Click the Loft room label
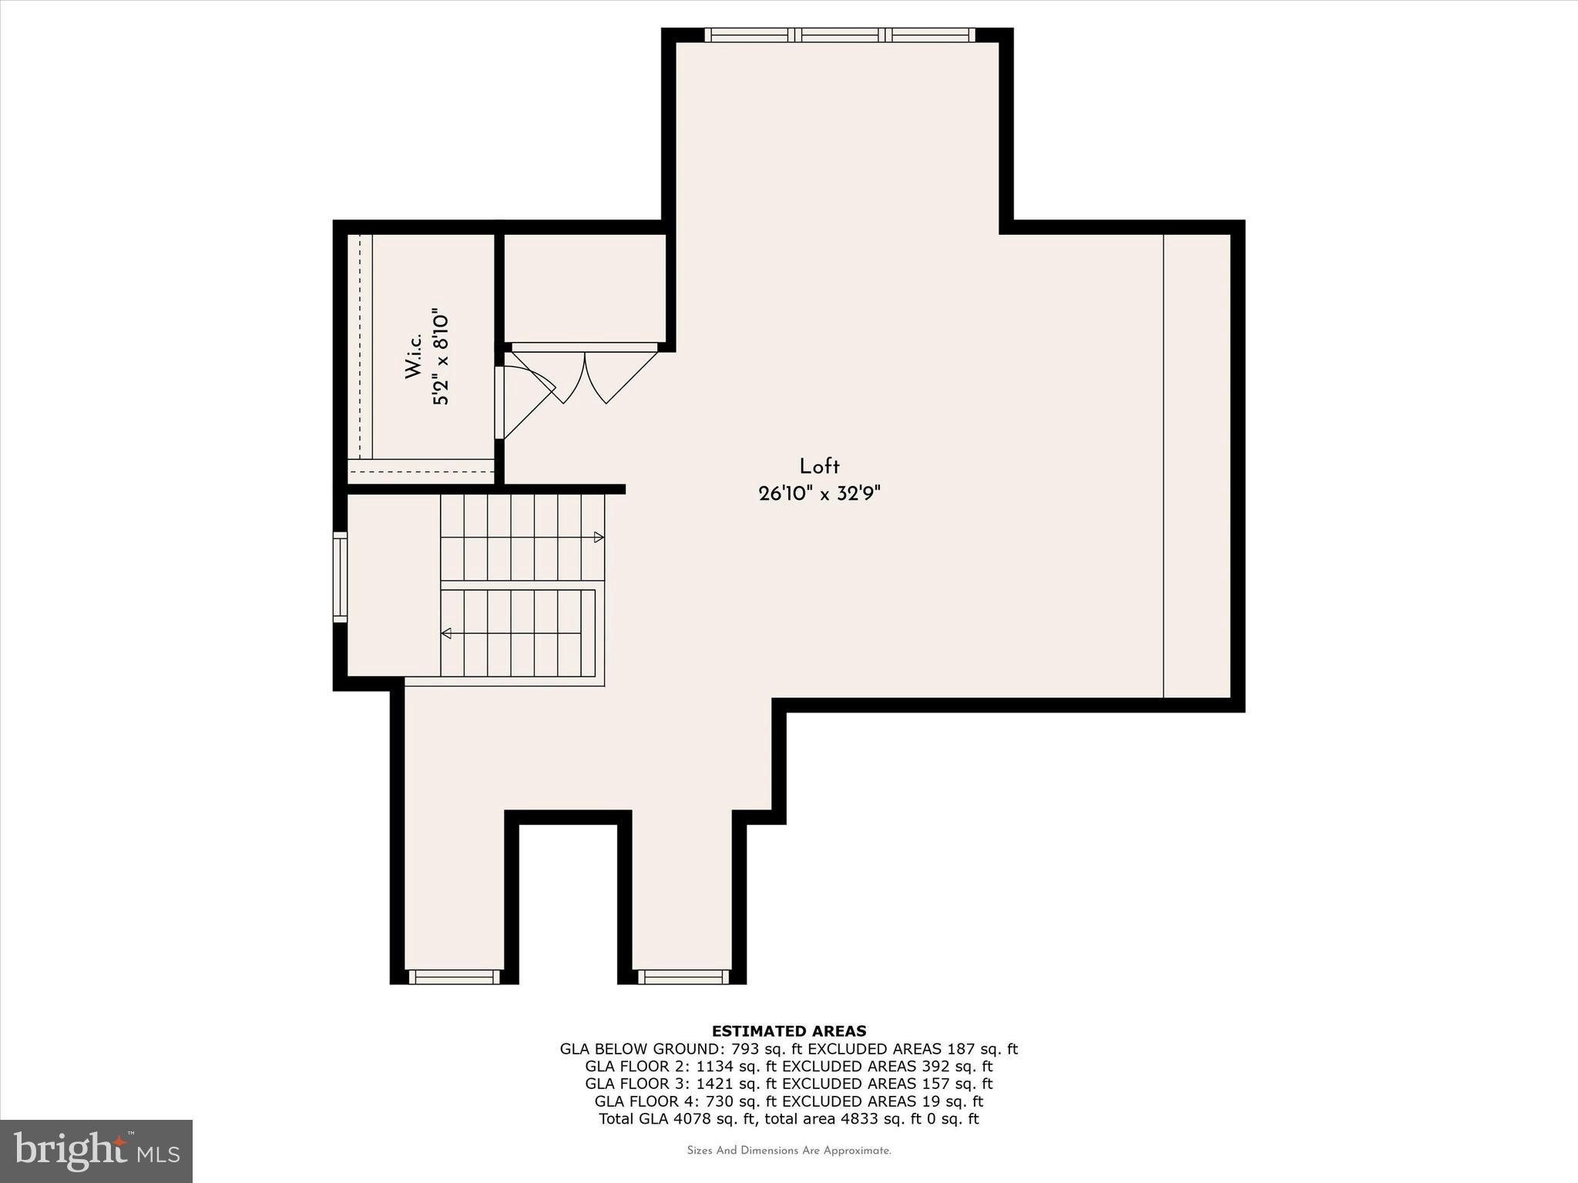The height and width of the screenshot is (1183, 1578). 819,466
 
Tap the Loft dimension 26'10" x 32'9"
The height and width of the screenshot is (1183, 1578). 819,494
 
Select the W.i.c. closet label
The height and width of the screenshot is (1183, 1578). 414,356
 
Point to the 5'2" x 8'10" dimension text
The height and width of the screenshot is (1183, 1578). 440,358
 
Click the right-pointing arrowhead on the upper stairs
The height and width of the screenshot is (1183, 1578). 599,537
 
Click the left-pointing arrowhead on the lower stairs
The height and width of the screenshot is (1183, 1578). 446,633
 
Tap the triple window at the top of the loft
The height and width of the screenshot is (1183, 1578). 839,35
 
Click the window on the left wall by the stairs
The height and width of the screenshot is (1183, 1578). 340,576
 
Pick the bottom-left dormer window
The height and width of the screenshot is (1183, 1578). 454,977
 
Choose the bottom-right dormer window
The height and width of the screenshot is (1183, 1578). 683,977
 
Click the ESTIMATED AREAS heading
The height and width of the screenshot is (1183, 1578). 788,1031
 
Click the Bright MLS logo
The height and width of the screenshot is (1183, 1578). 96,1151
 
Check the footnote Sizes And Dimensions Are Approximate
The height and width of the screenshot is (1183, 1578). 788,1151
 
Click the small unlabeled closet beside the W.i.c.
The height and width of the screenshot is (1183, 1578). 584,287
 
